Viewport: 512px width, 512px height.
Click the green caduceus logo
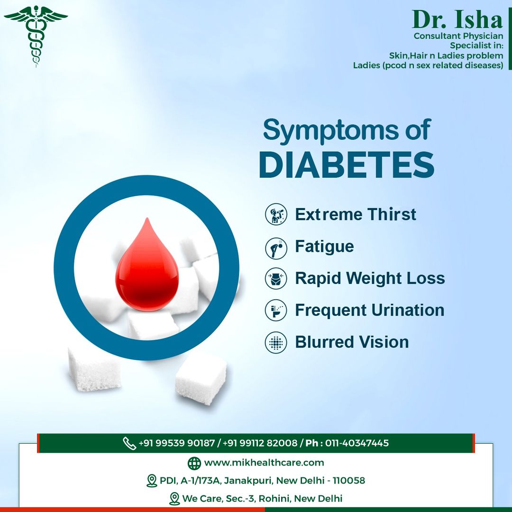36,36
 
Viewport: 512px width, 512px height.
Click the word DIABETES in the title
347,165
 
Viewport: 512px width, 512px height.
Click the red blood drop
147,265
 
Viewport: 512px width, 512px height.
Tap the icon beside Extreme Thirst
276,214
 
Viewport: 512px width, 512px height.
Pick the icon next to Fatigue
276,248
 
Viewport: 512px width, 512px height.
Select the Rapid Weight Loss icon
276,279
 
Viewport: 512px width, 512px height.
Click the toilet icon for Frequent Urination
276,310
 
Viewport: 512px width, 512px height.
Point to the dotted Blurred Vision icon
276,343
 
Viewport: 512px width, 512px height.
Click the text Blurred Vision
352,342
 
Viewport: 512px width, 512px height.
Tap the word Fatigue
324,247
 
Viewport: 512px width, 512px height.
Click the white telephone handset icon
129,443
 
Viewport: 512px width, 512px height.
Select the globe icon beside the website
194,463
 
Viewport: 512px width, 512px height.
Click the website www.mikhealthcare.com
264,463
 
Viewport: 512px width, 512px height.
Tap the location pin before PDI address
152,481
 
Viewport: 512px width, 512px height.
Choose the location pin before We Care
174,499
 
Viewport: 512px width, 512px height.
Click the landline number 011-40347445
357,443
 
